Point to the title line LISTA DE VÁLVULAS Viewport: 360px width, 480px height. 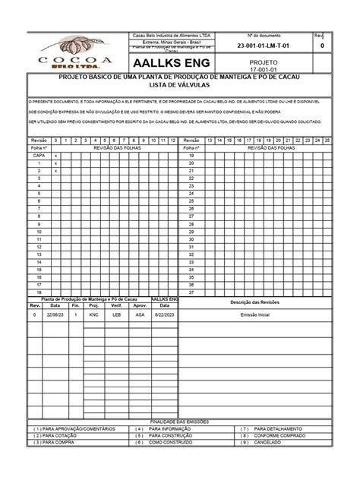tap(180, 87)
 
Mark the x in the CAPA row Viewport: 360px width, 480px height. tap(55, 155)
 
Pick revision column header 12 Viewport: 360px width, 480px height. tap(172, 141)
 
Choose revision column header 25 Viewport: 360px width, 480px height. tap(327, 141)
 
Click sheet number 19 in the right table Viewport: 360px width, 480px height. tap(192, 155)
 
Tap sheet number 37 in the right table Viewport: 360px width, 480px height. tap(192, 292)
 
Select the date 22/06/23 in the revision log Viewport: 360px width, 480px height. tap(55, 314)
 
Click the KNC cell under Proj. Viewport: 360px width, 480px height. tap(93, 314)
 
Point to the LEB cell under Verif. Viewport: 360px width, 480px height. tap(116, 314)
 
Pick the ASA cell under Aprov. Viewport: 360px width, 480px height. tap(140, 314)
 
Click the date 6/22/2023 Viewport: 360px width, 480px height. tap(165, 314)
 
